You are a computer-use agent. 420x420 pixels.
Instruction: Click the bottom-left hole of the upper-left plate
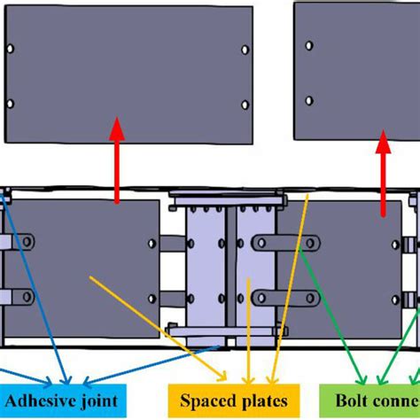pos(10,104)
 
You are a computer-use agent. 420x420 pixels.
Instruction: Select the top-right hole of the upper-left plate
pos(245,50)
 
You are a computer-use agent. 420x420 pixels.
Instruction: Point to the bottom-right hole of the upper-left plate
pos(245,105)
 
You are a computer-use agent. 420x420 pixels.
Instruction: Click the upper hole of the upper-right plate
pos(308,44)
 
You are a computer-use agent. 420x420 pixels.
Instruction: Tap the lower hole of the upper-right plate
pos(308,100)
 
